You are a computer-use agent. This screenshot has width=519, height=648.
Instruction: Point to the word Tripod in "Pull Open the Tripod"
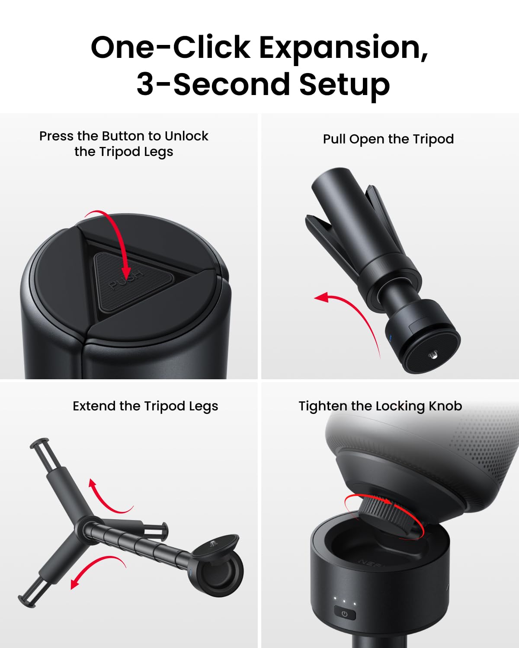pos(433,140)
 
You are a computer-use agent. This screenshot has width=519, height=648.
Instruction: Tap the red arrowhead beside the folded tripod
pos(321,297)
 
